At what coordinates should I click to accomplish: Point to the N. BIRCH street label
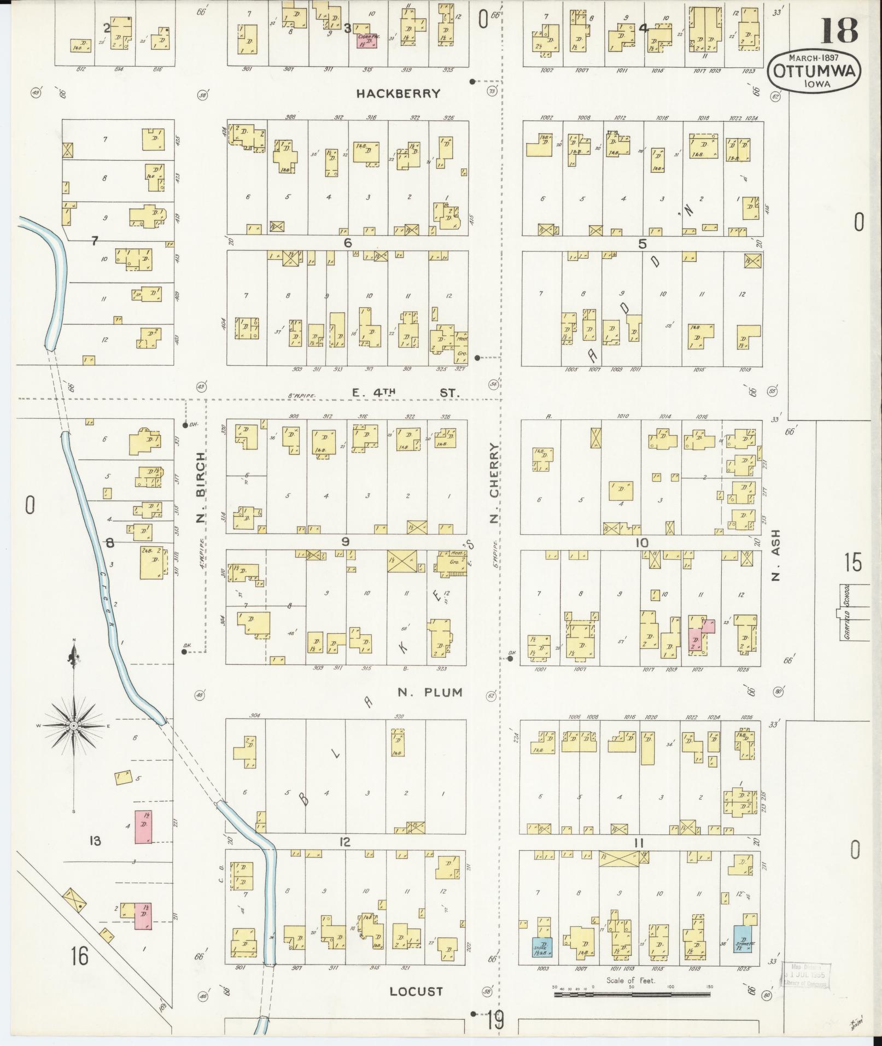[x=201, y=487]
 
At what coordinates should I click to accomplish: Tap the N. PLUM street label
[x=430, y=693]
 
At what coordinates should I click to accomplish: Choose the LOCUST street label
[x=416, y=991]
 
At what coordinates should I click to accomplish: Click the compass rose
[x=73, y=725]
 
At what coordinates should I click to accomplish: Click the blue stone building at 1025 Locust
[x=742, y=939]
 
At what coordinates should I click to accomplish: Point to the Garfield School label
[x=846, y=612]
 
